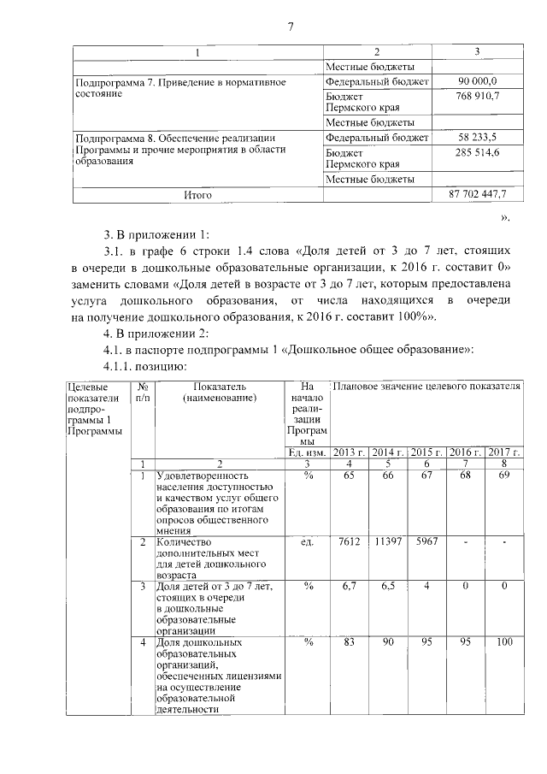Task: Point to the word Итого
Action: point(197,195)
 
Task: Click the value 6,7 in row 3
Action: point(349,586)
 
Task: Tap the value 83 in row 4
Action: point(349,641)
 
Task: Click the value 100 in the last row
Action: point(504,641)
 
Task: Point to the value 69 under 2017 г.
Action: point(504,476)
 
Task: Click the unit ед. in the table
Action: point(307,542)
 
